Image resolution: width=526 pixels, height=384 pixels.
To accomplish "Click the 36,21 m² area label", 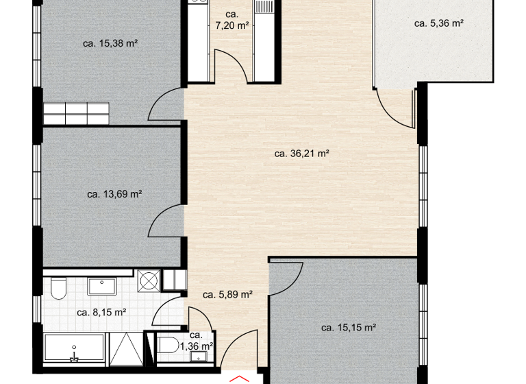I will tap(302, 154).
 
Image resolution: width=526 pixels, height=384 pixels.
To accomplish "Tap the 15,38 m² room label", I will tap(111, 43).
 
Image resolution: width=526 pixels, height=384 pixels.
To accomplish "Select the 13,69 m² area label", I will tap(114, 194).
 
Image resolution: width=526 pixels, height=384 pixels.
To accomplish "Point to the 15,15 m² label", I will tap(349, 328).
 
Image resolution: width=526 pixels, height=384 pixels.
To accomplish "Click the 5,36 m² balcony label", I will tap(440, 23).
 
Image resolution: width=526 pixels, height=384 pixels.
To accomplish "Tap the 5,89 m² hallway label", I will tap(228, 296).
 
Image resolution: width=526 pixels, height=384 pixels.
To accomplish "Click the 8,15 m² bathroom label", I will tap(101, 312).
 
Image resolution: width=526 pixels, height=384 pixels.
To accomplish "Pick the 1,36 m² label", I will tap(197, 341).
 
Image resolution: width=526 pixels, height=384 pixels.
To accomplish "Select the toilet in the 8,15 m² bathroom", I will tap(57, 289).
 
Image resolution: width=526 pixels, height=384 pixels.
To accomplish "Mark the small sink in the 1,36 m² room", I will tap(198, 355).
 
